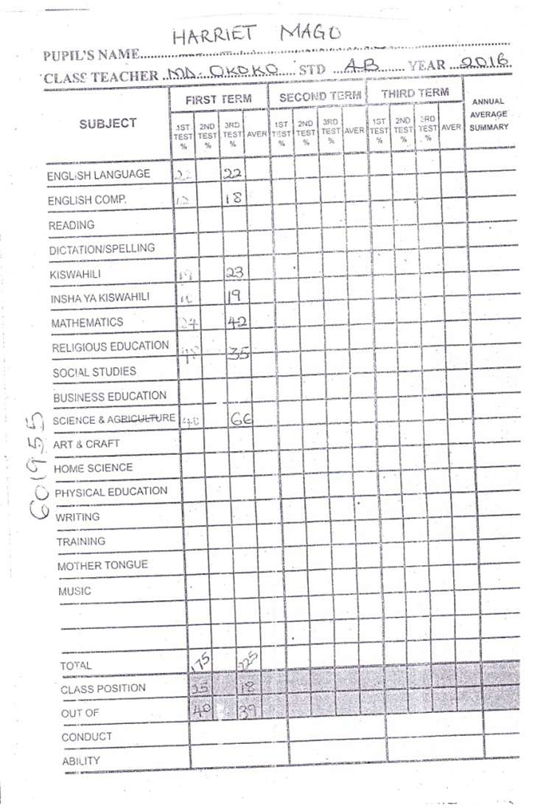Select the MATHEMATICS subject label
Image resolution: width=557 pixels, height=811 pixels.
click(87, 323)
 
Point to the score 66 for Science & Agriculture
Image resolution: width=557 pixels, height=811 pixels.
click(242, 418)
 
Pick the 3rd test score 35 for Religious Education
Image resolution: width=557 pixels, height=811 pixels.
click(237, 353)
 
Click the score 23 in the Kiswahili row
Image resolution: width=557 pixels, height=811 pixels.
click(235, 273)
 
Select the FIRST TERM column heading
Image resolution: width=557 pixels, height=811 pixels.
click(218, 98)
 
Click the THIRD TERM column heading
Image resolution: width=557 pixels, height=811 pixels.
click(415, 94)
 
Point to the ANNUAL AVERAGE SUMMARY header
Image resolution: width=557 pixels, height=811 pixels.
click(488, 114)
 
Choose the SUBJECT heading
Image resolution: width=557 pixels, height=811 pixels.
click(108, 123)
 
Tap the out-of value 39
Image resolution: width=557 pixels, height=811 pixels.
click(246, 711)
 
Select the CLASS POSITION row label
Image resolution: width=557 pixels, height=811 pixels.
click(103, 689)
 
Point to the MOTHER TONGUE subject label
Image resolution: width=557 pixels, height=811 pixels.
click(102, 565)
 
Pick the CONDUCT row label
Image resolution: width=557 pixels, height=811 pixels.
click(87, 737)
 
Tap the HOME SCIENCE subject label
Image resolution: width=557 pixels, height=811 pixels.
click(93, 468)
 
